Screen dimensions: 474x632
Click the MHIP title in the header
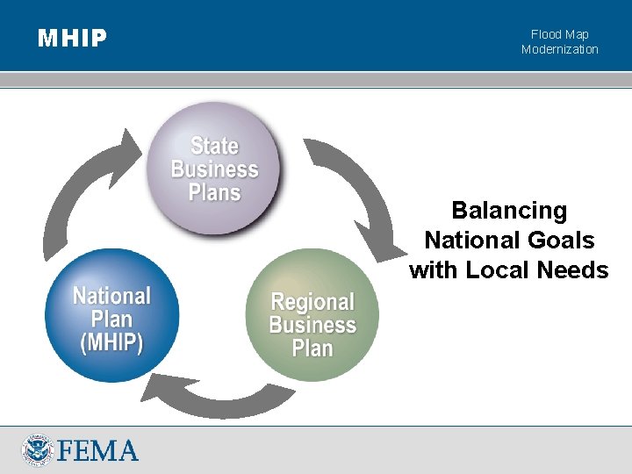point(72,38)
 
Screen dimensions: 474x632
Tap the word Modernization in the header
point(560,49)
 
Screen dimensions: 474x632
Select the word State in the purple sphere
point(214,146)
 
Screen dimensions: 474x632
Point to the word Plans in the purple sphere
point(214,191)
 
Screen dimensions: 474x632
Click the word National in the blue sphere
point(111,296)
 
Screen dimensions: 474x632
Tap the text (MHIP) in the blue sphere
point(111,342)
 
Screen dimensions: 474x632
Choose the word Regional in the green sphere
point(312,303)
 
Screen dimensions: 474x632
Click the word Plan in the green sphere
point(312,348)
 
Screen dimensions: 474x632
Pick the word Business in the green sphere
point(312,326)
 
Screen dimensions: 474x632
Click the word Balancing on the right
point(509,211)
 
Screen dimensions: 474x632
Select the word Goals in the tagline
point(563,240)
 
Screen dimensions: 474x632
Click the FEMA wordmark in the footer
point(98,451)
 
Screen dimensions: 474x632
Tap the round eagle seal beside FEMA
point(38,450)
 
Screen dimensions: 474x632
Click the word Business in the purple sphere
point(214,169)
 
